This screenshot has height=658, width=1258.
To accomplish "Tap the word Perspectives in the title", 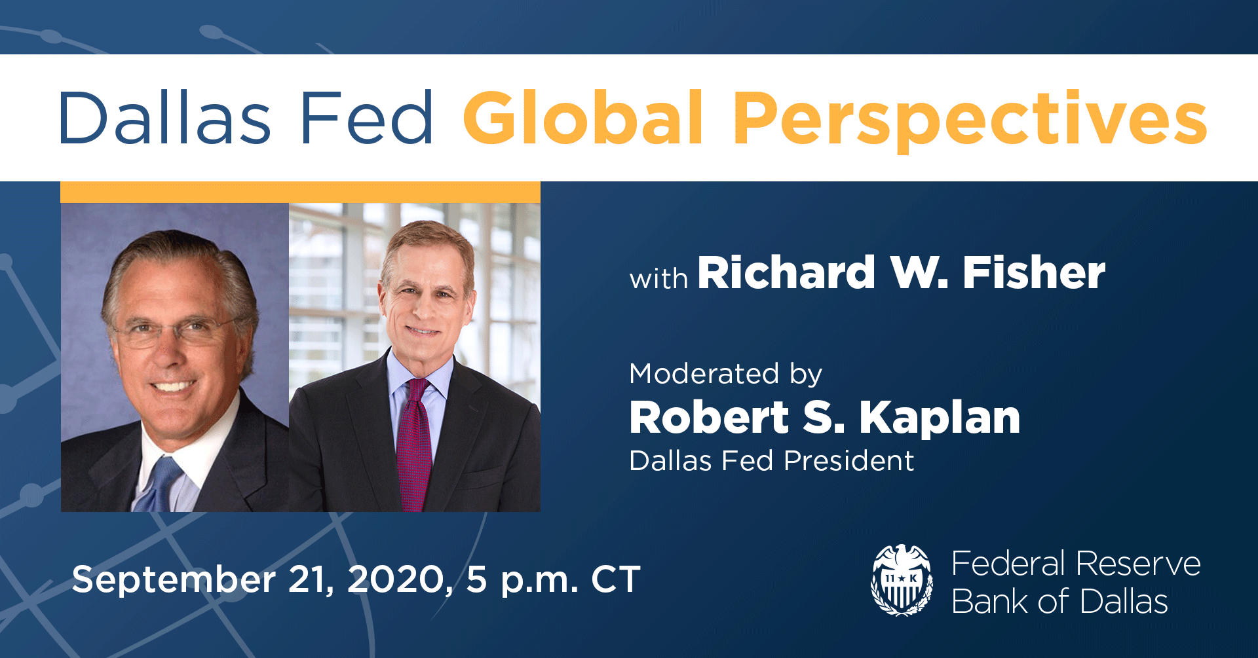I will (970, 119).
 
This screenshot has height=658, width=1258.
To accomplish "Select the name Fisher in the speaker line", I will (1033, 272).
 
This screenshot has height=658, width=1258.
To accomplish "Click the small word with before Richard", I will (658, 279).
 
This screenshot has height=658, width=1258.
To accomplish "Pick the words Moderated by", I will (725, 375).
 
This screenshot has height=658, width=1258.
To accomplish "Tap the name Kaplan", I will (940, 418).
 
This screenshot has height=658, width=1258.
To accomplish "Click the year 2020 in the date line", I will (398, 579).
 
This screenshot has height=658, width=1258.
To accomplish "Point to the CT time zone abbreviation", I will (615, 579).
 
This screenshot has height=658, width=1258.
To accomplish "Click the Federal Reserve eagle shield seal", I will (902, 580).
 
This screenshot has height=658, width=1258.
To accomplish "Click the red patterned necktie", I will (414, 445).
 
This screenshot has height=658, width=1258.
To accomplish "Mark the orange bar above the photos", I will (300, 192).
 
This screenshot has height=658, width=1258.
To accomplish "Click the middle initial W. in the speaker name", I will (919, 272).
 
